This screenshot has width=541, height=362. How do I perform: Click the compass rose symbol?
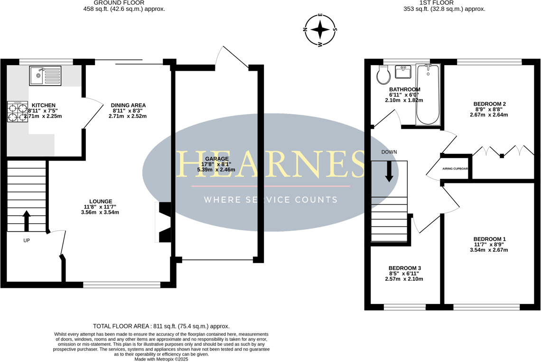pyautogui.click(x=320, y=30)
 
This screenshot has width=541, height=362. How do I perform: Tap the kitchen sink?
pyautogui.click(x=45, y=76)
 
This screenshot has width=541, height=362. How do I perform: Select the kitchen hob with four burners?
pyautogui.click(x=17, y=112)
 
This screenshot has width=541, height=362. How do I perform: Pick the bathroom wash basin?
pyautogui.click(x=403, y=72)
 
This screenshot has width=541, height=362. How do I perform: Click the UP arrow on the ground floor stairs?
pyautogui.click(x=27, y=221)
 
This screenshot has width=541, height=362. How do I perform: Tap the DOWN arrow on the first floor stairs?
pyautogui.click(x=389, y=171)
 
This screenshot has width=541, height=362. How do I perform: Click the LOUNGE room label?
pyautogui.click(x=100, y=201)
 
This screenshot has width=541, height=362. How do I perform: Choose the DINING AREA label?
pyautogui.click(x=128, y=105)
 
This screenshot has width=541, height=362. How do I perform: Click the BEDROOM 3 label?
pyautogui.click(x=404, y=268)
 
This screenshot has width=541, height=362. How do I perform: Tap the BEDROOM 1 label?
pyautogui.click(x=490, y=239)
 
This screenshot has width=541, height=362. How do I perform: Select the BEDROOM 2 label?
pyautogui.click(x=490, y=104)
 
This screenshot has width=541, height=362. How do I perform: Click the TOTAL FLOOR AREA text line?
pyautogui.click(x=161, y=326)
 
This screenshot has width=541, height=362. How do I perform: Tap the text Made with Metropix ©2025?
pyautogui.click(x=161, y=359)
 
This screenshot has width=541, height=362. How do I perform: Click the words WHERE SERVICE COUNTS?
pyautogui.click(x=270, y=200)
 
